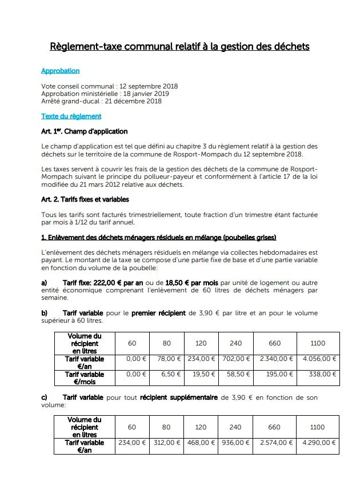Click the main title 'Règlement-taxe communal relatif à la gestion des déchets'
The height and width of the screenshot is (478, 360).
coord(179,46)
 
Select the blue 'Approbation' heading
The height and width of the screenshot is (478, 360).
coord(60,71)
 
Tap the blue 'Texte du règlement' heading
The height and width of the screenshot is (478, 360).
coord(71,117)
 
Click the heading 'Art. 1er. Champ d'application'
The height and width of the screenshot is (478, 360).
coord(84,132)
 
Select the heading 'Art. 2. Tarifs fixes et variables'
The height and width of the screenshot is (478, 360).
coord(85,199)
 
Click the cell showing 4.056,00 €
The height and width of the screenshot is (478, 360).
coord(318,359)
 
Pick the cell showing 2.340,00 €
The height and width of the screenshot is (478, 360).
coord(274,359)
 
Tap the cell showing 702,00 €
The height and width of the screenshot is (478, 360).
coord(234,359)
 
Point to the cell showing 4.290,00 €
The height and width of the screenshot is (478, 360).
coord(318,443)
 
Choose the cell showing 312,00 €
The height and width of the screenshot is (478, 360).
coord(167,443)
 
